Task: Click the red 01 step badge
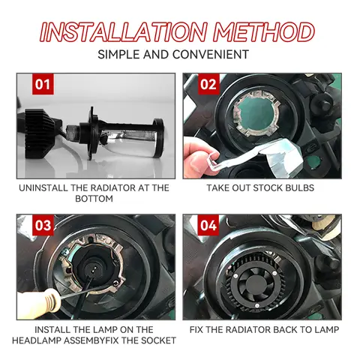(x=43, y=84)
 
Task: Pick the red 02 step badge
(x=208, y=84)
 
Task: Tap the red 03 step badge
(x=43, y=226)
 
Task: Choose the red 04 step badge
(x=208, y=226)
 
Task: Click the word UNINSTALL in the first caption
(x=47, y=187)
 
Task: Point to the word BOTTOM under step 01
(x=94, y=199)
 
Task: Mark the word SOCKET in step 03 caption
(x=158, y=340)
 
